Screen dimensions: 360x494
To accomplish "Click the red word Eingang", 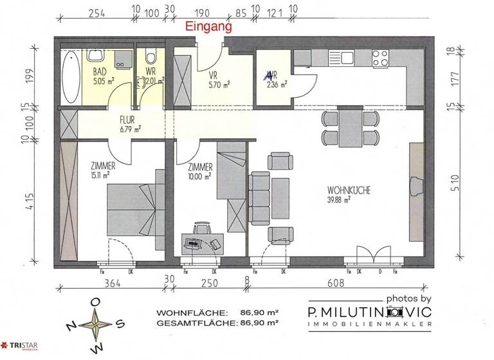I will [208, 28].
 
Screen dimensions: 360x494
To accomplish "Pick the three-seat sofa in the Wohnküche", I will [260, 198].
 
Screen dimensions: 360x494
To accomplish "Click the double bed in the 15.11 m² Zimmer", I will [132, 204].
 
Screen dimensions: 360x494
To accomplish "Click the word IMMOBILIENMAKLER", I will [370, 327].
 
